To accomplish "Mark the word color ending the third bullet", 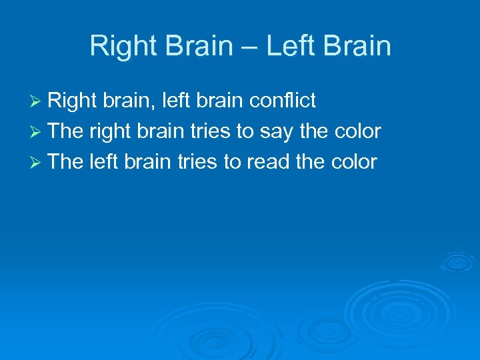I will click(x=353, y=162).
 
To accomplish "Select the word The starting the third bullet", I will click(x=65, y=162).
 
